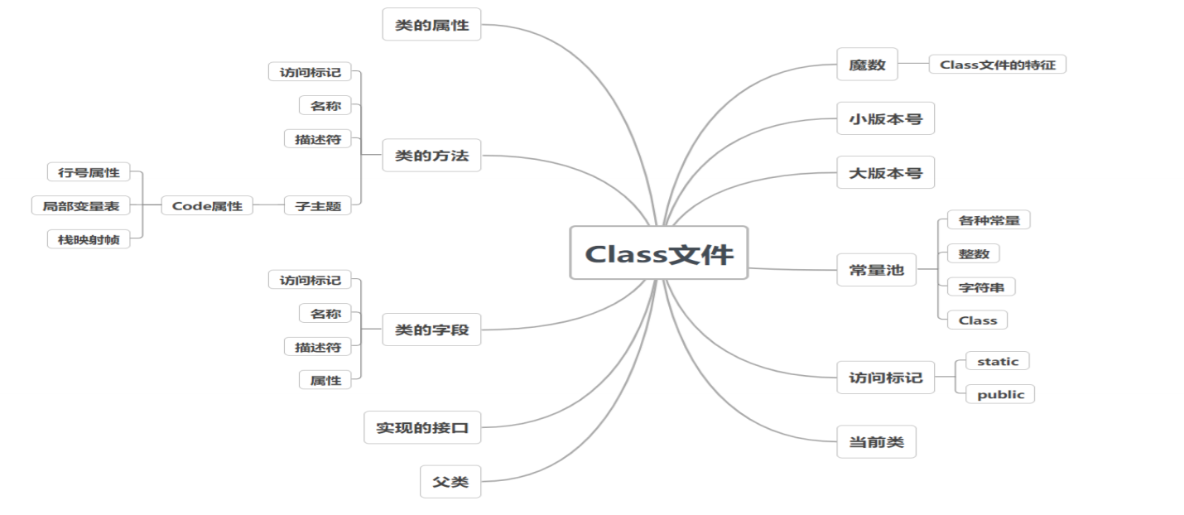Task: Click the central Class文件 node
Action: pos(658,253)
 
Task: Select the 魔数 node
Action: pos(867,65)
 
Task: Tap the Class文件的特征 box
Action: pos(997,65)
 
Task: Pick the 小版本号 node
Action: pos(885,118)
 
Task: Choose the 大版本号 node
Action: pos(885,173)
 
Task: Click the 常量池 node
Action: pos(876,270)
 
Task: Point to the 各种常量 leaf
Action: pos(988,220)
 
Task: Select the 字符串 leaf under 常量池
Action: pos(981,287)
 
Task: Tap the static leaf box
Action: pos(997,361)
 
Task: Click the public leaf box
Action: pos(1000,394)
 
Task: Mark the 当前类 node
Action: pos(876,442)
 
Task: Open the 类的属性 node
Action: pos(431,25)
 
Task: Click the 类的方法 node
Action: pos(431,155)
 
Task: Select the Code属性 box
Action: pos(207,205)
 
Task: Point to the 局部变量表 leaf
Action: pos(81,205)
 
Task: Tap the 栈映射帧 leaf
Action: pos(89,239)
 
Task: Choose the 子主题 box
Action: pos(318,205)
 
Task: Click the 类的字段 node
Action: pos(431,330)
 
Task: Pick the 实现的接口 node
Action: pos(422,427)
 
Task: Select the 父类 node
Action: pos(450,481)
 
